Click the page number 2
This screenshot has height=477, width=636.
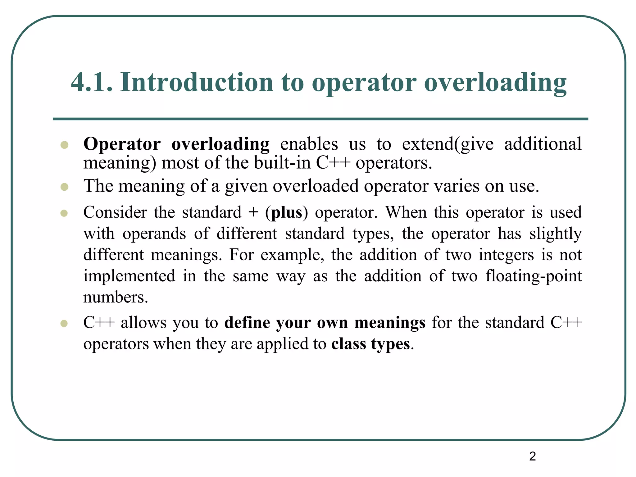coord(532,456)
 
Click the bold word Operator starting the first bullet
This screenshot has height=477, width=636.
coord(122,144)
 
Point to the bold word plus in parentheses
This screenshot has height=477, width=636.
coord(287,213)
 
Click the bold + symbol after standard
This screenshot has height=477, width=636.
coord(253,213)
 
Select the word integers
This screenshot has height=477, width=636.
coord(506,255)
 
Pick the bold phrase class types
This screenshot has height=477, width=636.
coord(370,344)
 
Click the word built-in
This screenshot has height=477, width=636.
coord(282,163)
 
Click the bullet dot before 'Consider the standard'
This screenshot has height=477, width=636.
coord(64,213)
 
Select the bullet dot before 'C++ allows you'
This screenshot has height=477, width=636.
coord(64,323)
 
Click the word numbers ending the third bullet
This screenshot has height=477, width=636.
coord(115,298)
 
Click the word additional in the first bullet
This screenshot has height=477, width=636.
coord(543,144)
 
